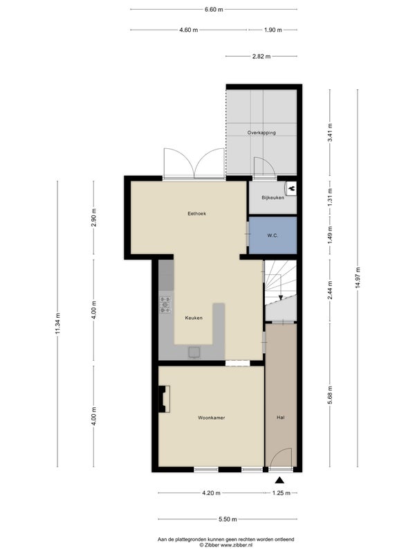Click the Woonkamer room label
[212, 418]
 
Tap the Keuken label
[194, 318]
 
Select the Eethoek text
[196, 213]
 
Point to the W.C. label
[273, 235]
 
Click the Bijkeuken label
[273, 197]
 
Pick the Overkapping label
[261, 133]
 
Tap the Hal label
[281, 418]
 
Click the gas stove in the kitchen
[165, 305]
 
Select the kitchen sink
[194, 352]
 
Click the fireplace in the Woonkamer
[164, 399]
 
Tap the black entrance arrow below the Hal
[280, 480]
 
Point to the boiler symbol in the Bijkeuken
[291, 188]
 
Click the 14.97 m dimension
[358, 278]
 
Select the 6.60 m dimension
[214, 10]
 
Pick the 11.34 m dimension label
[58, 323]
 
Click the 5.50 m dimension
[228, 519]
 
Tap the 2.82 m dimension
[261, 56]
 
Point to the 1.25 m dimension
[282, 493]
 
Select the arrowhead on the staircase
[280, 298]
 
